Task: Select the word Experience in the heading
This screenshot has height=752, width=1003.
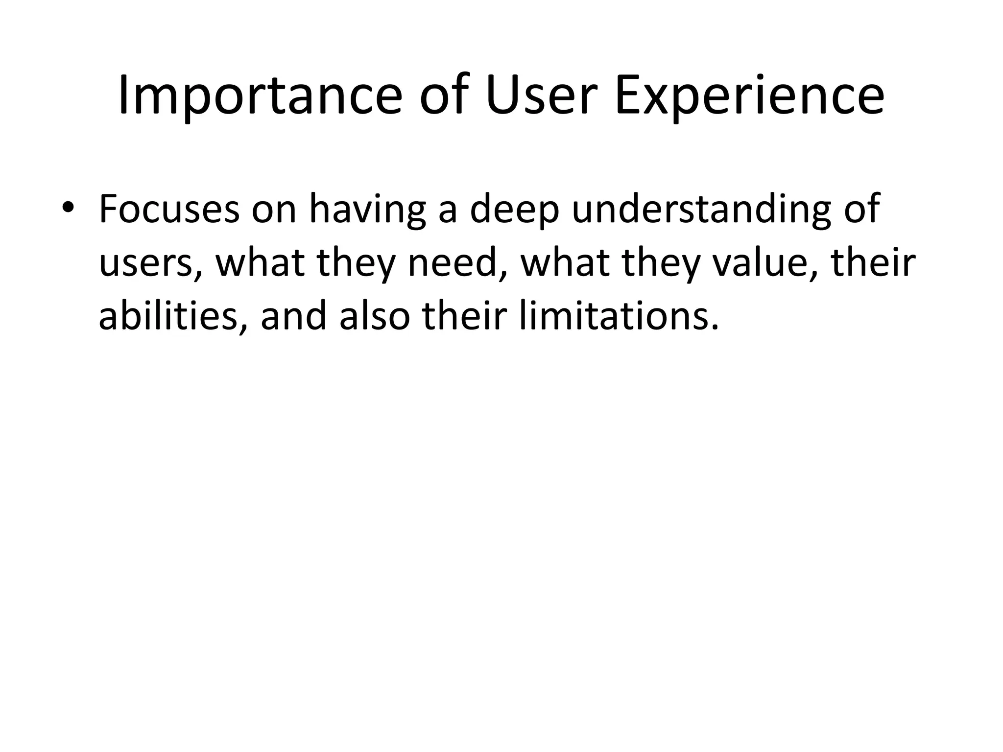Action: [x=749, y=95]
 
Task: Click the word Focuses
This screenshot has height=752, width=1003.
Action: [x=169, y=209]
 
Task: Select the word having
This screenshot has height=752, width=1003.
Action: [x=367, y=209]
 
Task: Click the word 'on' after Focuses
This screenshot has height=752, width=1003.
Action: [x=274, y=209]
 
